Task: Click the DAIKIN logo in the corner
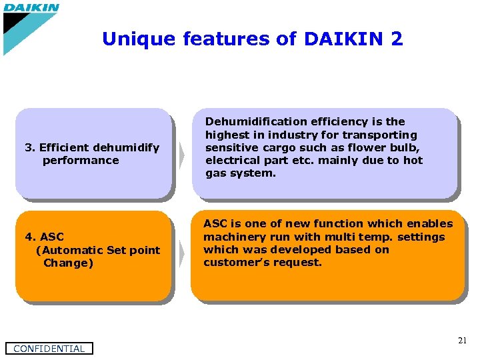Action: (31, 9)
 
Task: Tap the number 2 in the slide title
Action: (397, 39)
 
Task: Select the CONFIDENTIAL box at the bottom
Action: (49, 348)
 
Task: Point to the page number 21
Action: (462, 341)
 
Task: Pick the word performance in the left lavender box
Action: (81, 160)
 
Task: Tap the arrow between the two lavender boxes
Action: (181, 154)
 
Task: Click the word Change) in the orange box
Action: (69, 263)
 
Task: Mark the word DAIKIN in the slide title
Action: (342, 39)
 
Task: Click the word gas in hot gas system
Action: (215, 173)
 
